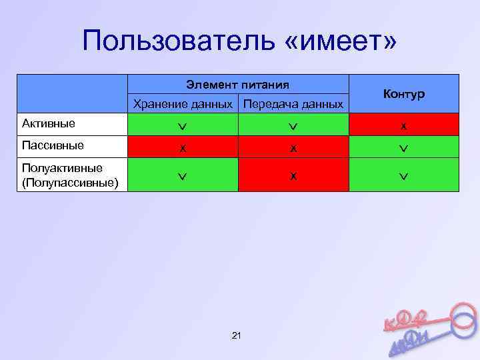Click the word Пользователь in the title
(x=175, y=43)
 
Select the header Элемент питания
(x=237, y=85)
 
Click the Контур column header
(x=404, y=94)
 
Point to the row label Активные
(x=49, y=123)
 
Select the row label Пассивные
(x=53, y=145)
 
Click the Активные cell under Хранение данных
(x=183, y=125)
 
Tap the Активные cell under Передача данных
(x=293, y=125)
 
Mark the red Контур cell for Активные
(x=404, y=125)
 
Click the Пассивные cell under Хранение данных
(x=183, y=147)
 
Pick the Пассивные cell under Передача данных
(x=293, y=147)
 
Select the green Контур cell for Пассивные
(x=404, y=147)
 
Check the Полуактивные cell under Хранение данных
(x=183, y=175)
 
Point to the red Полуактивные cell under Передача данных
(x=293, y=175)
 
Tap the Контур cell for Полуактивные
(x=404, y=175)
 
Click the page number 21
(x=235, y=335)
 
